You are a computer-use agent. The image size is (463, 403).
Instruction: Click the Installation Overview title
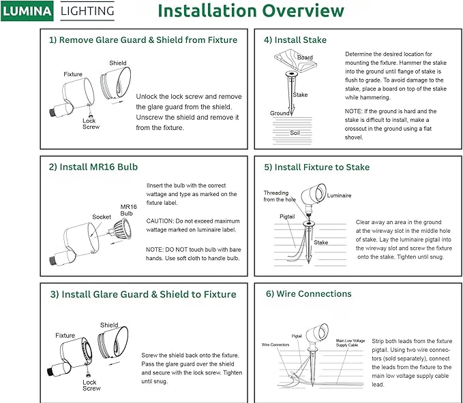pyautogui.click(x=251, y=11)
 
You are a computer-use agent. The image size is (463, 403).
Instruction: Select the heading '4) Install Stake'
pyautogui.click(x=295, y=40)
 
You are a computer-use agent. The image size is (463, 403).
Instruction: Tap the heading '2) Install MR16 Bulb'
pyautogui.click(x=93, y=167)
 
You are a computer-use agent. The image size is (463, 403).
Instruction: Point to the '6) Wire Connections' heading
pyautogui.click(x=308, y=294)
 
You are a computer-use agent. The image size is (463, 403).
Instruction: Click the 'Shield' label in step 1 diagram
pyautogui.click(x=117, y=63)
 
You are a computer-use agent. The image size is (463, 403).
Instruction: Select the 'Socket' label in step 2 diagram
pyautogui.click(x=102, y=217)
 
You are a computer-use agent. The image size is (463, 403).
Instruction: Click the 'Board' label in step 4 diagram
pyautogui.click(x=305, y=58)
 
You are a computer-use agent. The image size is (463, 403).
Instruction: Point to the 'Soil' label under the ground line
pyautogui.click(x=295, y=133)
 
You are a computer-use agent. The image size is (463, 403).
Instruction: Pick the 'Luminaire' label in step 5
pyautogui.click(x=339, y=195)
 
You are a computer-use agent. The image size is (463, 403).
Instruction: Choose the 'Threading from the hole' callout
pyautogui.click(x=280, y=196)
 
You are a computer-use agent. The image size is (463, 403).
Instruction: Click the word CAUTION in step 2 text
pyautogui.click(x=162, y=221)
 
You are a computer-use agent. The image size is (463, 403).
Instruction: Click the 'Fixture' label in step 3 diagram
pyautogui.click(x=65, y=336)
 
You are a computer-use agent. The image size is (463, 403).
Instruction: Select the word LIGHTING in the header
pyautogui.click(x=87, y=11)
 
